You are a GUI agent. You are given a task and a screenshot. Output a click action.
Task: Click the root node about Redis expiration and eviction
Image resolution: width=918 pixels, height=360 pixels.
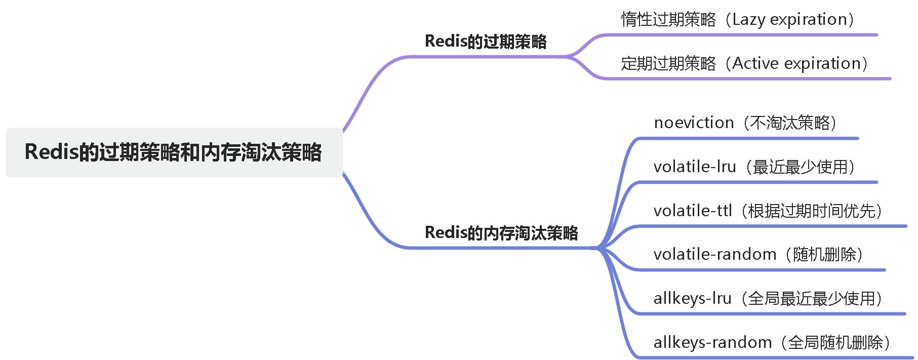click(x=174, y=152)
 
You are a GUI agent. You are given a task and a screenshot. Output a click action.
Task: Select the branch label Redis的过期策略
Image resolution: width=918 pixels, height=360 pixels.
click(x=486, y=41)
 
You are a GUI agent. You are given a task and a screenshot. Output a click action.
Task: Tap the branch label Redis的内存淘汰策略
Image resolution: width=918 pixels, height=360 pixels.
click(x=501, y=232)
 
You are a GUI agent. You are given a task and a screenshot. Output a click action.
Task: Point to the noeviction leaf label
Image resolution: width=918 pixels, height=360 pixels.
click(x=746, y=123)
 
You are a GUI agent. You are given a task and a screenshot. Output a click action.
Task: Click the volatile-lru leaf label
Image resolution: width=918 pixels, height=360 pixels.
click(x=755, y=167)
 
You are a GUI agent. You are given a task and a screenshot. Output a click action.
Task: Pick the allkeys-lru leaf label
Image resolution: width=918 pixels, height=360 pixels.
click(x=769, y=298)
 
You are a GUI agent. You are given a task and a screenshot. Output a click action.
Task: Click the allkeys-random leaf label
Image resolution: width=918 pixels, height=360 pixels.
click(x=773, y=342)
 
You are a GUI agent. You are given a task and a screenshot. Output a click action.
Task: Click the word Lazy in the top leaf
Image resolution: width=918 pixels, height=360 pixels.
click(x=748, y=20)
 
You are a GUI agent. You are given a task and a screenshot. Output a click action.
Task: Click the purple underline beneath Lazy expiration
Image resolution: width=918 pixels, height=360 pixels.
click(x=739, y=35)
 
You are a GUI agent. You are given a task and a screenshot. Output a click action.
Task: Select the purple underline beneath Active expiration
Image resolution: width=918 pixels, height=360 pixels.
click(x=746, y=78)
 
